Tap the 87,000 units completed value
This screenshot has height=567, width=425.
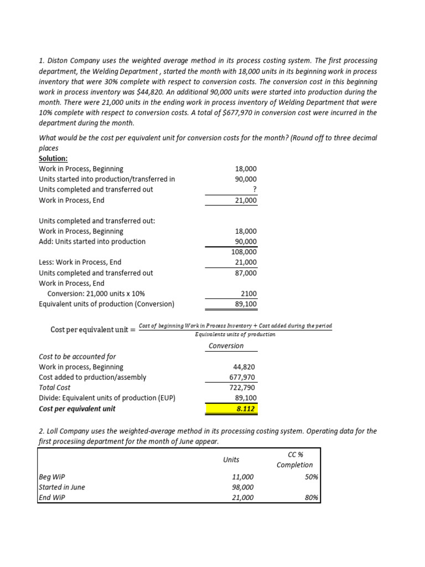pos(246,273)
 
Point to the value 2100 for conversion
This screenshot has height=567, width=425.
pos(248,293)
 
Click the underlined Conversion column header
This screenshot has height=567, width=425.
pos(226,346)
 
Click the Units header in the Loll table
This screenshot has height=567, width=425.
pos(231,459)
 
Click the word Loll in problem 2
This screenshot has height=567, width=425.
pos(53,431)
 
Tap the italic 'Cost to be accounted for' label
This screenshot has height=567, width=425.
pos(77,357)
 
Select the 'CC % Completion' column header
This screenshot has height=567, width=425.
pos(294,460)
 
